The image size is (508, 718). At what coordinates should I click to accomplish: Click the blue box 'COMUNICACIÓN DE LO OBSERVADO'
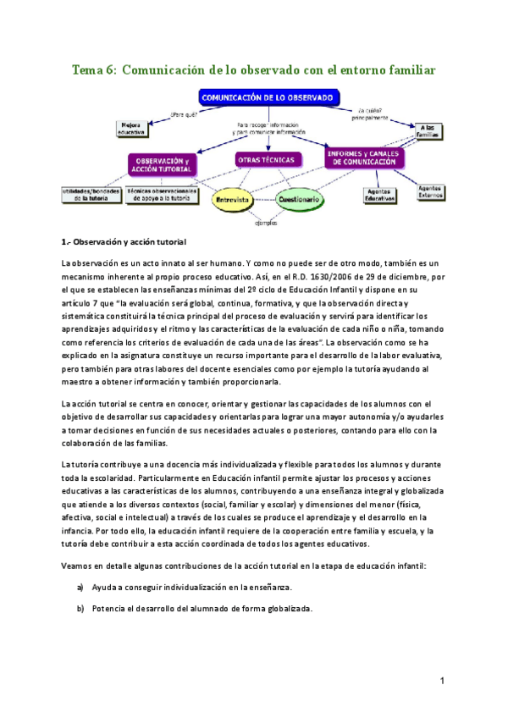pos(268,98)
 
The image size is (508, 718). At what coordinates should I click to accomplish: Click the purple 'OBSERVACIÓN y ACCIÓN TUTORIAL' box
pos(163,164)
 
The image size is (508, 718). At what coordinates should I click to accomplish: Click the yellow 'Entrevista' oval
pos(231,200)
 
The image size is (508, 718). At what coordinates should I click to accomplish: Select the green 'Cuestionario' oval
pos(300,200)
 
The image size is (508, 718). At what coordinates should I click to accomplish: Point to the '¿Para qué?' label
pos(185,114)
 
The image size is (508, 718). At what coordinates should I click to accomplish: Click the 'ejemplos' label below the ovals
pos(266,224)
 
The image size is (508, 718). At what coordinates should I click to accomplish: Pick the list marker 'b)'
pos(80,608)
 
